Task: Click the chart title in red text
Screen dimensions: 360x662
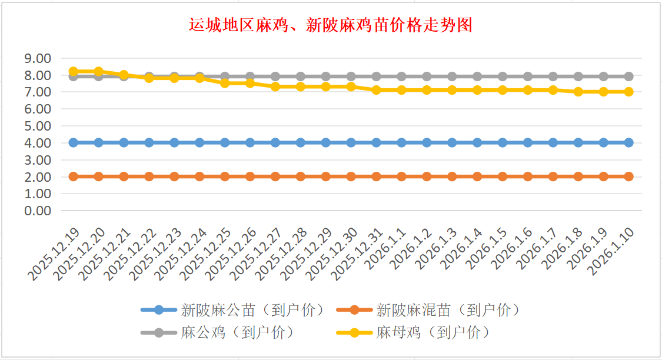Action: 330,26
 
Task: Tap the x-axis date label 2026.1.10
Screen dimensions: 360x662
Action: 612,249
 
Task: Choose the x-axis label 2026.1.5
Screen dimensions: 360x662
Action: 487,248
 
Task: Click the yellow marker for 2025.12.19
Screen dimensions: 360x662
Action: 74,71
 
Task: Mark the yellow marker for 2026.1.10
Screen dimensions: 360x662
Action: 628,92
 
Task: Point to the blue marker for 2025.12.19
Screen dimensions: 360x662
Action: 74,142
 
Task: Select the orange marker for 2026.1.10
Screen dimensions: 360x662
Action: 628,176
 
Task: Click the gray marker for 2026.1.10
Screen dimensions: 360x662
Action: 628,76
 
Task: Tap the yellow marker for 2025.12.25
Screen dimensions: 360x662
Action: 225,83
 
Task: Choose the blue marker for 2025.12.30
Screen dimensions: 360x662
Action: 351,142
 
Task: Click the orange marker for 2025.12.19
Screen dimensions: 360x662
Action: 74,176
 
